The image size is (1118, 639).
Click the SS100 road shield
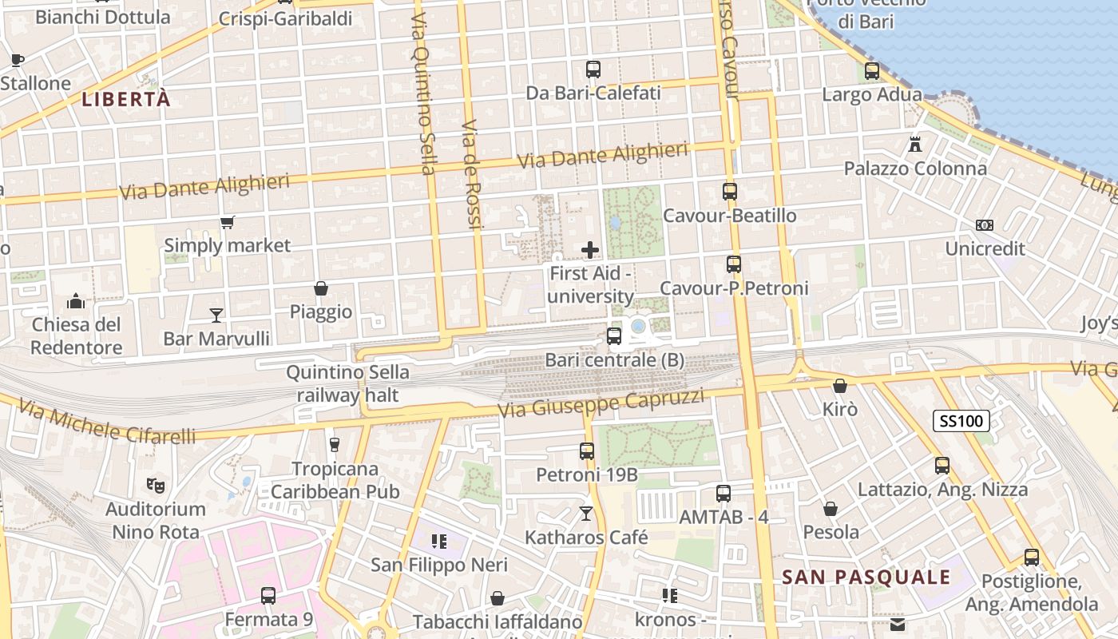961,421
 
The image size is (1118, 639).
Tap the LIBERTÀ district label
126,99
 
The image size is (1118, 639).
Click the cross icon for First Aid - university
590,250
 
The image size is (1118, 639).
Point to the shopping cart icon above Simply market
228,222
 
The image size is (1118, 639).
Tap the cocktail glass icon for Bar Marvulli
216,316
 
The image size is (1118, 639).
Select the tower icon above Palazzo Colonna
915,145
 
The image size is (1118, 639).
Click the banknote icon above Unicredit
985,225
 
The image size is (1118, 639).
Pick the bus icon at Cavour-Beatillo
730,192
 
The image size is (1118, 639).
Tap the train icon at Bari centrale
614,336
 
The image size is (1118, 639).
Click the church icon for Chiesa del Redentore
76,301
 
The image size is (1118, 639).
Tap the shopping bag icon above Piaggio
321,288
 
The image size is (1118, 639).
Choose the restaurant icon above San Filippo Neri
438,542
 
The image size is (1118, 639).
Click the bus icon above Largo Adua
872,71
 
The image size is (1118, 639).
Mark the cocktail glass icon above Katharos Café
587,514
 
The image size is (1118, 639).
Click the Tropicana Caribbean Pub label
335,480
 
